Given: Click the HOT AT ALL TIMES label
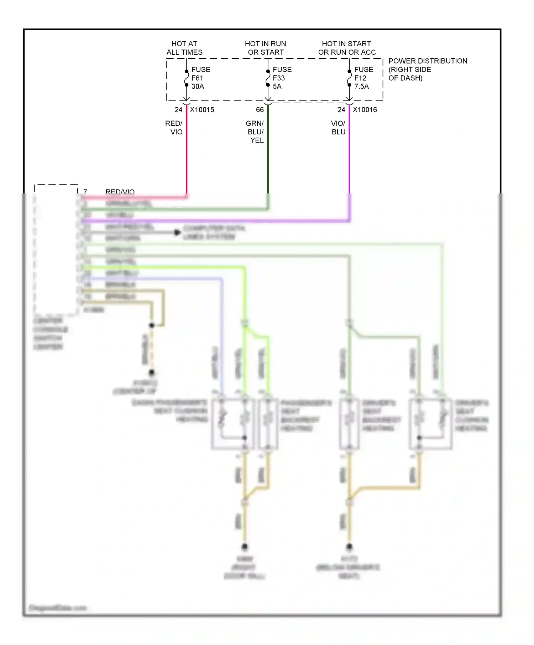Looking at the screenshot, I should point(184,48).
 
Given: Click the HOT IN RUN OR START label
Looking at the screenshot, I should point(266,48).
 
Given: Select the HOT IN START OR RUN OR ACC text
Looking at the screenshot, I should point(347,48).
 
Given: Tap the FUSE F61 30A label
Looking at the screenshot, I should point(200,78).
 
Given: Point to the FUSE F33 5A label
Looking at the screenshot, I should point(282,78).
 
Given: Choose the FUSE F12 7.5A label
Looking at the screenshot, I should point(363,78).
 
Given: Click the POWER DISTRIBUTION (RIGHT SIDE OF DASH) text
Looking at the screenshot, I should point(427,69).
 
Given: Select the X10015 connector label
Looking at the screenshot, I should point(202,110).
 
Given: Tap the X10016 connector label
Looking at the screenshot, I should point(365,110).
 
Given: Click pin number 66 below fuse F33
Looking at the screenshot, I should point(260,110).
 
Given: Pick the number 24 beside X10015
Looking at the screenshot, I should point(178,110).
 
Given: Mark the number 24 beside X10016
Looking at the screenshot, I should point(341,110).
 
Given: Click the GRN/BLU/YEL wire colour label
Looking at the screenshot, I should point(255,132).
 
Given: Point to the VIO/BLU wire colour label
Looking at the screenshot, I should point(338,128).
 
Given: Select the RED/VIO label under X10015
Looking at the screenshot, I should point(174,128).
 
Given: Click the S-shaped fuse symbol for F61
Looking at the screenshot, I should point(186,78).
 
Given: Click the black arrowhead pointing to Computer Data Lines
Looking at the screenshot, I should point(177,233).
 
